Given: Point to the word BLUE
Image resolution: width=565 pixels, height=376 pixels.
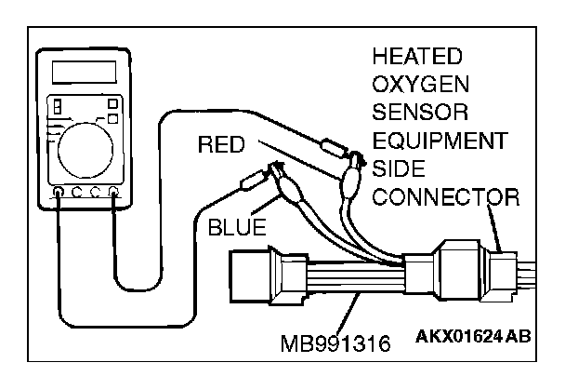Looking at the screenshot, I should pyautogui.click(x=236, y=225).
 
